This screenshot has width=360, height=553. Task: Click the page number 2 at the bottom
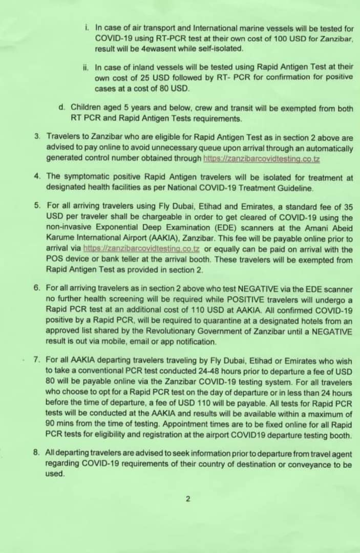click(188, 499)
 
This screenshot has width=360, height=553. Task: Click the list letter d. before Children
click(61, 108)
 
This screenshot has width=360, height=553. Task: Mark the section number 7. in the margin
click(37, 360)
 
